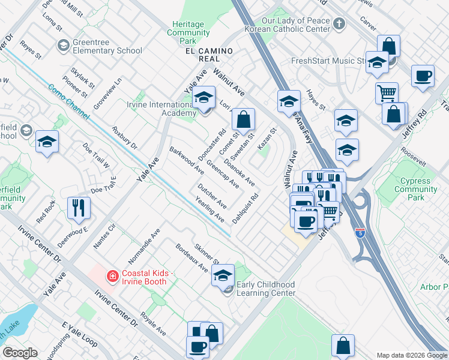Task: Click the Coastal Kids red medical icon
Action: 112,276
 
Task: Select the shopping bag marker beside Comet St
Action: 243,119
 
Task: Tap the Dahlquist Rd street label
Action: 246,208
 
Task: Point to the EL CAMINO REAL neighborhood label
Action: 209,52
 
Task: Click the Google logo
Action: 20,353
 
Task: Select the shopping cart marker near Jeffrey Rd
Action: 387,93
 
